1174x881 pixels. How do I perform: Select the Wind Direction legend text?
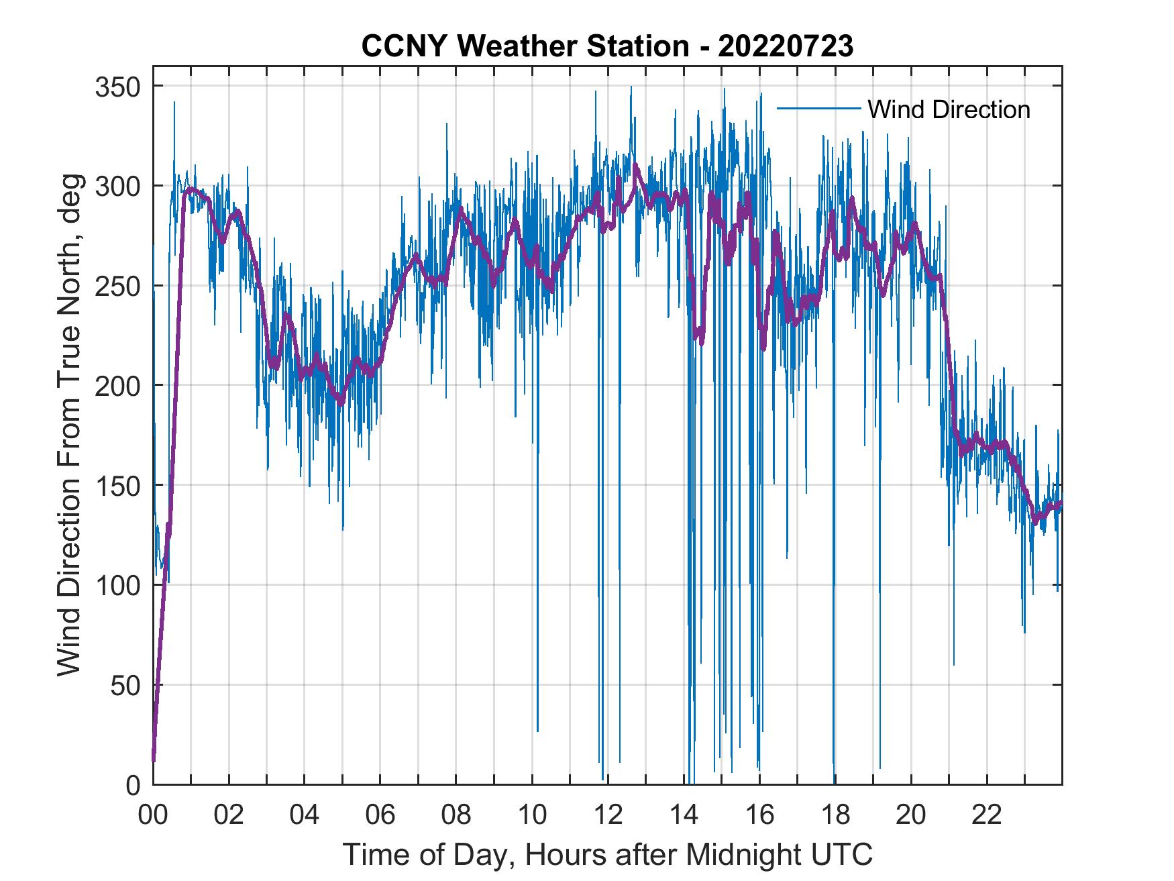pos(949,109)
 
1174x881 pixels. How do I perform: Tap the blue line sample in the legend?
pos(818,109)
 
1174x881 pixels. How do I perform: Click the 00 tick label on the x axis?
pos(154,815)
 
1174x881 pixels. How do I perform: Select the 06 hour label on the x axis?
pos(380,815)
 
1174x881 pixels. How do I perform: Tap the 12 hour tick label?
pos(608,815)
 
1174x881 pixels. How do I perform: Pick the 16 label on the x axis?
pos(759,815)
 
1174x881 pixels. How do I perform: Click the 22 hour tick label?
pos(987,815)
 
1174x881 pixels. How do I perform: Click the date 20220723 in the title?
pos(785,46)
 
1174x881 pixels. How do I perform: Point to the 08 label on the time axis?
pos(456,815)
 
